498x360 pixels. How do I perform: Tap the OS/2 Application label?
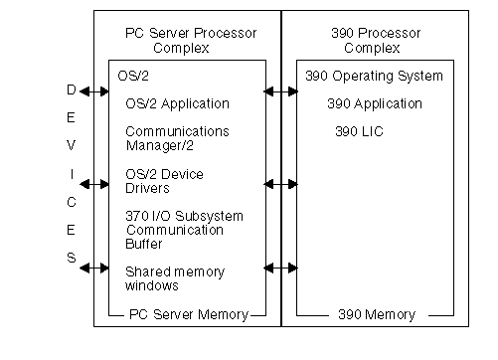pos(177,103)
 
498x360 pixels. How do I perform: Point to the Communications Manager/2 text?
pos(177,138)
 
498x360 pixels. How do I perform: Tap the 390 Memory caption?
pos(378,315)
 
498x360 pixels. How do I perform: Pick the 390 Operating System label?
pos(374,76)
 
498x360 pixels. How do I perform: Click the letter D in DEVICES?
pos(72,90)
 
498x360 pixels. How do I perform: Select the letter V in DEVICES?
pos(72,145)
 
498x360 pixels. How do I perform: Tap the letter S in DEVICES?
pos(72,258)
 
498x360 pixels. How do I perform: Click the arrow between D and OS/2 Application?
pos(95,91)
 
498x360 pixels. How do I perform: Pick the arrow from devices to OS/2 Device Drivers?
pos(95,184)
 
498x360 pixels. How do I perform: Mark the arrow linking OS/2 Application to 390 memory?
pos(280,91)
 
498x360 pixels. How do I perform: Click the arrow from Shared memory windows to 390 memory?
pos(280,268)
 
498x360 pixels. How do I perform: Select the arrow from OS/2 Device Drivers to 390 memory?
pos(280,184)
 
